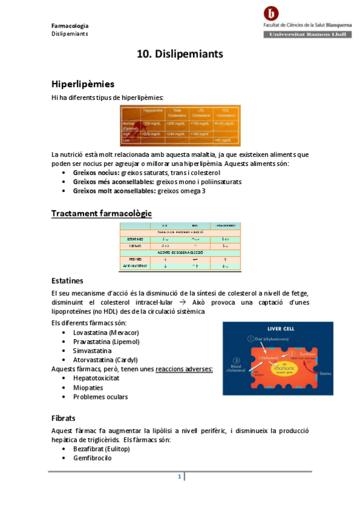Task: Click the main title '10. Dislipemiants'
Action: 180,54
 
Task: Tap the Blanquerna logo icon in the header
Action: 272,13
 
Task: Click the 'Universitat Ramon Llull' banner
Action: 307,35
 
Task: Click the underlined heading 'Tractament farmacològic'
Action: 102,214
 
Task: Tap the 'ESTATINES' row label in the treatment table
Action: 135,239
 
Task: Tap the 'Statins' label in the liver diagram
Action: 325,373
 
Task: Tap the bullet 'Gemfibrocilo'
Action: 92,458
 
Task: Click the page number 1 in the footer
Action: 179,477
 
